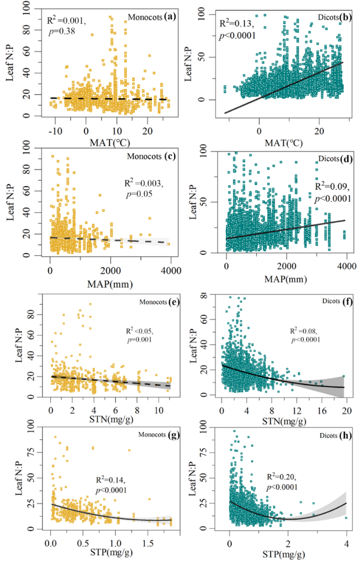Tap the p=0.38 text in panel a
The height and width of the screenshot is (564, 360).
click(60, 32)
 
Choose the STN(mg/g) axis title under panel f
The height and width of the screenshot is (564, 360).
click(283, 417)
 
